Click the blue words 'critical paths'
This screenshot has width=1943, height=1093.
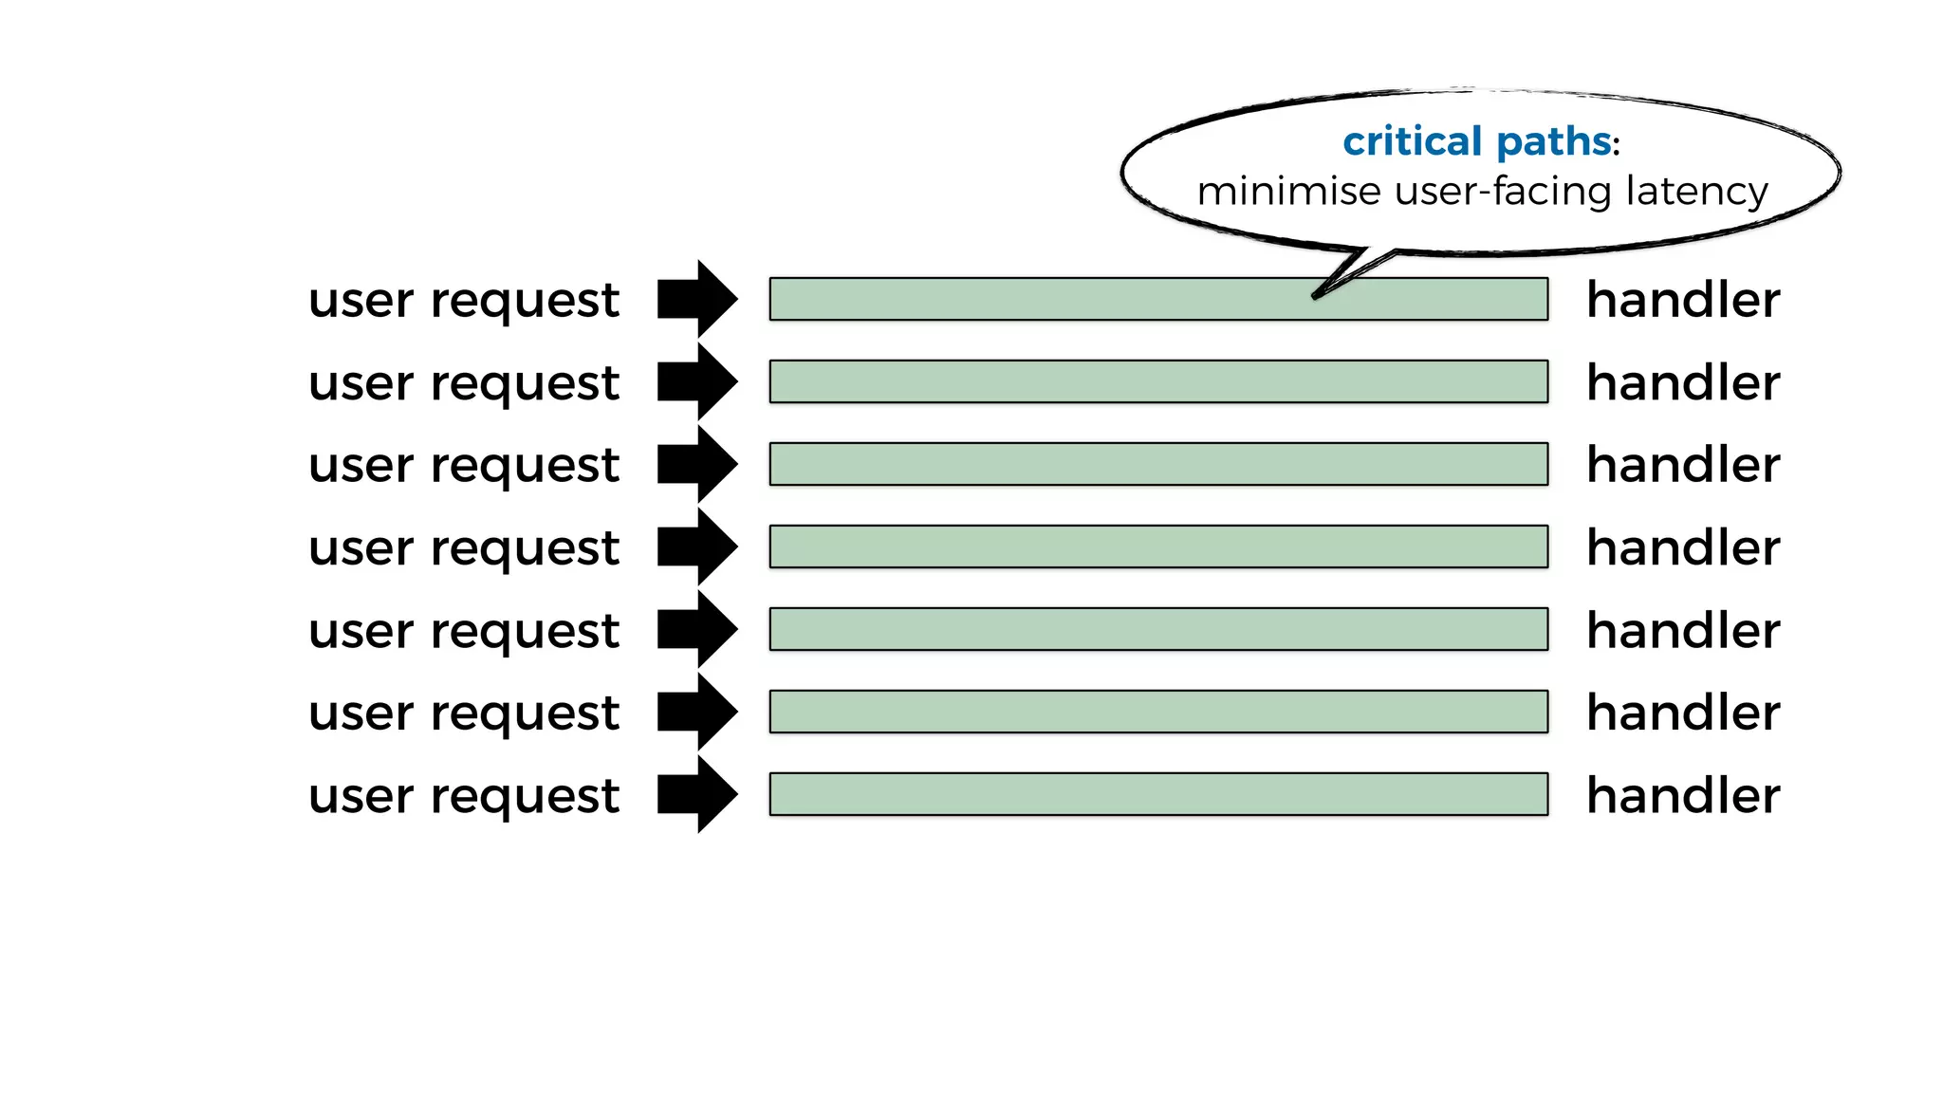[1476, 142]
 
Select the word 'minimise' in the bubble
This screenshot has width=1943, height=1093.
[1288, 192]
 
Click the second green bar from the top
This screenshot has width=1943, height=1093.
[1158, 381]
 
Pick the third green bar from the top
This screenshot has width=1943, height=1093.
[1158, 464]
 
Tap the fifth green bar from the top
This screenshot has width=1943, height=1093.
[1158, 629]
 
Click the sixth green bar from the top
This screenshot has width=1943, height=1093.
[1158, 712]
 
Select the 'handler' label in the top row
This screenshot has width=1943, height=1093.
[1683, 300]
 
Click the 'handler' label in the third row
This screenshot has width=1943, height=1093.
[1683, 465]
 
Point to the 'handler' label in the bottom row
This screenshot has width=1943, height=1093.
[1683, 795]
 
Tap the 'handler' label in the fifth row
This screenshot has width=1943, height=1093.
[1683, 630]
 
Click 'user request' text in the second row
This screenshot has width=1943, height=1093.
[464, 383]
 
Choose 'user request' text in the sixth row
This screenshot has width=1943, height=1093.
[464, 713]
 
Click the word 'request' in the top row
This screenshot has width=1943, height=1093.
[525, 302]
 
